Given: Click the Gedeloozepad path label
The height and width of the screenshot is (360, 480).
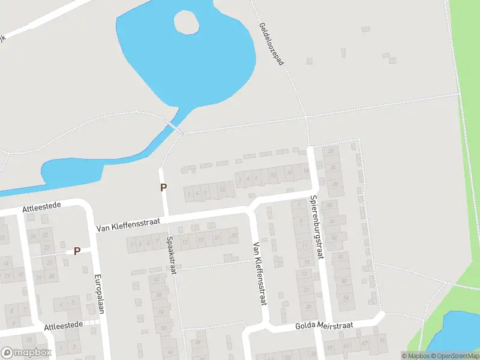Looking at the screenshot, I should click(271, 45).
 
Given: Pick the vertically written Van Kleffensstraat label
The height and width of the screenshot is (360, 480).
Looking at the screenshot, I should click(260, 274).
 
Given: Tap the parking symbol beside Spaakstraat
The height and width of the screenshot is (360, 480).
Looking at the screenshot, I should click(163, 187).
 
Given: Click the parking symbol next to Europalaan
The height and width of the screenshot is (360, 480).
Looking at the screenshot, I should click(77, 251).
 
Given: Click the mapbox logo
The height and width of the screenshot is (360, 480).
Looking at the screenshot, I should click(26, 353).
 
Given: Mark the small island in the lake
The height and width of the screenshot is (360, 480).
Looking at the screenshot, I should click(187, 23).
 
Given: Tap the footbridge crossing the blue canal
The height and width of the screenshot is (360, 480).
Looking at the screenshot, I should click(175, 128).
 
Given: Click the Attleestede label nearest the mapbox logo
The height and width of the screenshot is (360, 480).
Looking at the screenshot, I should click(63, 326).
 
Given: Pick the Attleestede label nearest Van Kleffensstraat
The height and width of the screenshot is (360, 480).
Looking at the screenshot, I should click(42, 208).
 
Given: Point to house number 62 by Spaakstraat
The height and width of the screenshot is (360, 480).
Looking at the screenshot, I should click(157, 278).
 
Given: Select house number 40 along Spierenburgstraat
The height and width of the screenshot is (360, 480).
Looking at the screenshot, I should click(334, 238).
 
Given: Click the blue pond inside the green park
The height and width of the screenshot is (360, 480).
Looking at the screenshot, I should click(456, 330).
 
